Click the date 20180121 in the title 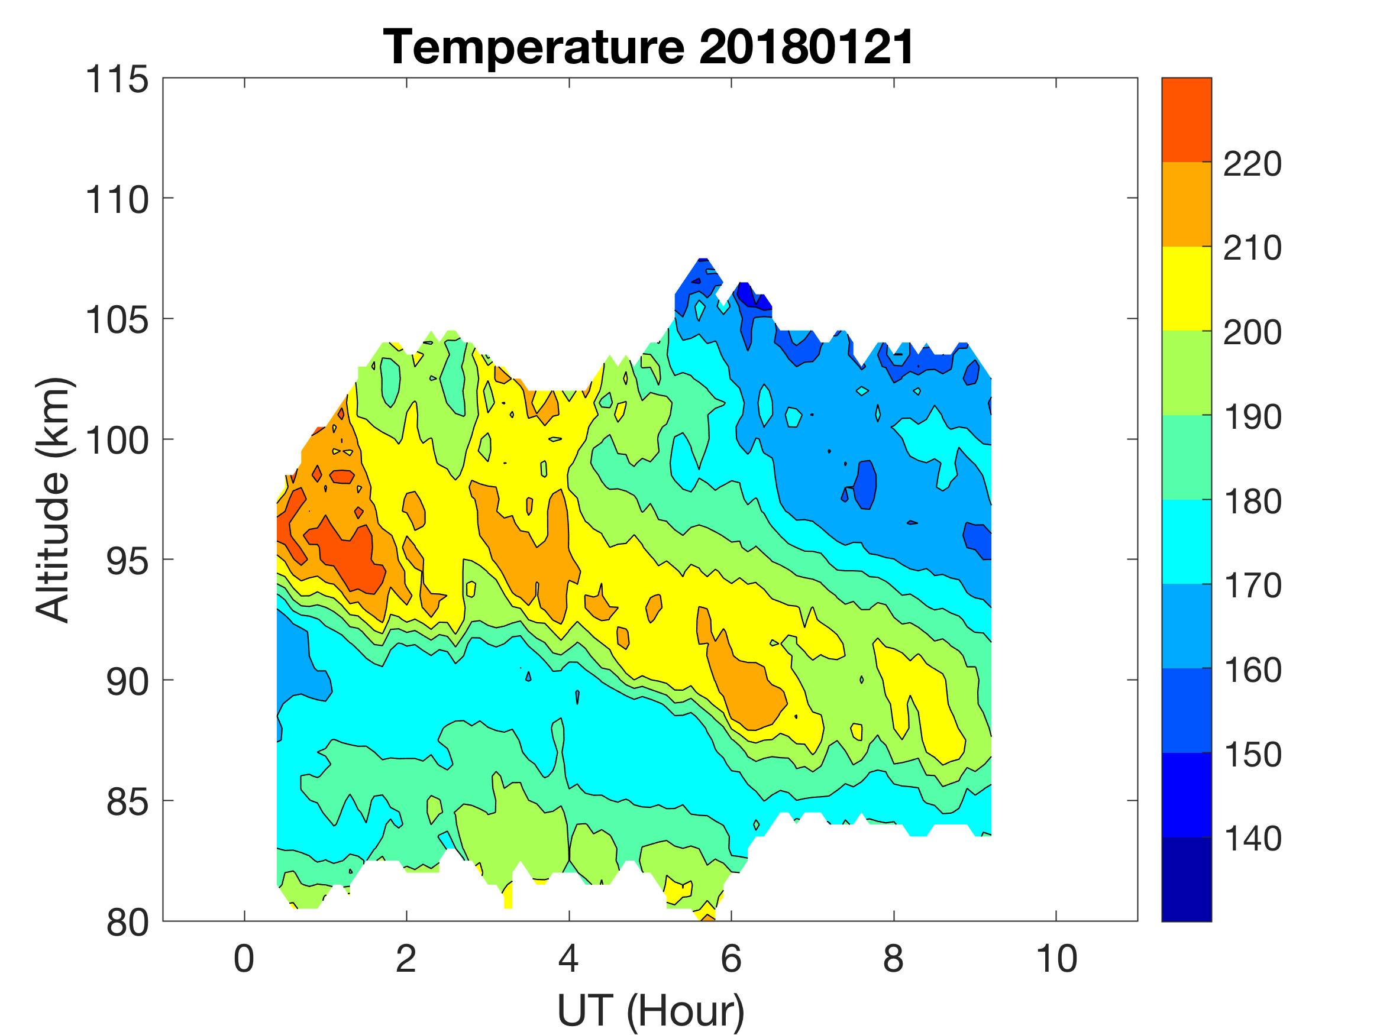806,47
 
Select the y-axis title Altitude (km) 53,500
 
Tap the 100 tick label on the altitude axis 117,441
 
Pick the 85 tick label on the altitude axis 127,801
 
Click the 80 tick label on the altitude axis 127,922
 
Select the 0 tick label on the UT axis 244,958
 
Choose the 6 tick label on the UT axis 731,958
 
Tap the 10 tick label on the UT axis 1056,958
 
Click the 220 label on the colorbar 1252,164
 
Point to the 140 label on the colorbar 1252,839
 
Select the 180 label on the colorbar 1252,502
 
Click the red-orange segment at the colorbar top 1186,120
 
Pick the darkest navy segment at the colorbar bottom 1186,879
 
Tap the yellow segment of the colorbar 1186,288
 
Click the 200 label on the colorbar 1252,333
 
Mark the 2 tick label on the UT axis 406,958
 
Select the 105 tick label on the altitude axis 117,320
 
